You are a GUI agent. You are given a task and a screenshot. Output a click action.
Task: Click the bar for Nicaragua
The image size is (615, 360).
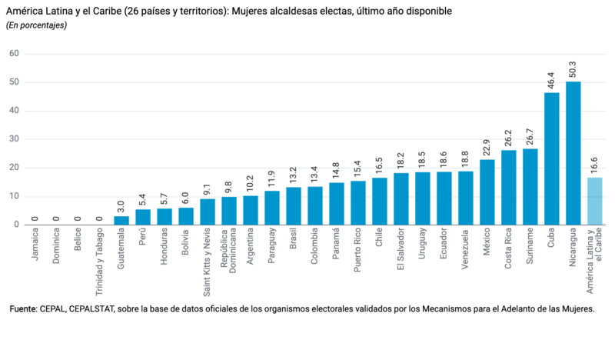coord(573,153)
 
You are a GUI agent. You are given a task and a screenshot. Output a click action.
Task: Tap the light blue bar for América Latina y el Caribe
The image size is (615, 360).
coord(595,201)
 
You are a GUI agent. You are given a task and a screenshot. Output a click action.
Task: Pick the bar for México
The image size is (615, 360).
coord(487,192)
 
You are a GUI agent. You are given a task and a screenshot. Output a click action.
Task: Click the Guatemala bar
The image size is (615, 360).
coord(121,221)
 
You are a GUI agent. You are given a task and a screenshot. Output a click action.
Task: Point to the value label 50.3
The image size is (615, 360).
coord(573,69)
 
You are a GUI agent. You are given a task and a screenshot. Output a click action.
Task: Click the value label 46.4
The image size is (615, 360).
coord(552,81)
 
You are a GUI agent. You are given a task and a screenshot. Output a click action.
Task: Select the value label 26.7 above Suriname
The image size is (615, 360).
coord(530,137)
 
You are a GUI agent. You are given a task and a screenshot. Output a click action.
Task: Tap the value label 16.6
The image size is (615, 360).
coord(595,165)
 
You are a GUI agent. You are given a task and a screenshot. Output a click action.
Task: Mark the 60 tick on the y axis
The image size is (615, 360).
coord(14,54)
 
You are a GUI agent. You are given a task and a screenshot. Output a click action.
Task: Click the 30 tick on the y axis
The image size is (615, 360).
coord(14,139)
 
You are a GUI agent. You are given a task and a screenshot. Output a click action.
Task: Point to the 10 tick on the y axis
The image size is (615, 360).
coord(14,196)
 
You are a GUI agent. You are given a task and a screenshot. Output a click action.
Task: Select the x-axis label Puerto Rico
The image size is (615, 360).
coord(358,249)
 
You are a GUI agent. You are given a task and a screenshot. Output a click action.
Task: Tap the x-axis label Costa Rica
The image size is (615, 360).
coord(509,248)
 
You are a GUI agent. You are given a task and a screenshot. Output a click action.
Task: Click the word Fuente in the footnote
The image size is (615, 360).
coord(23,308)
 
